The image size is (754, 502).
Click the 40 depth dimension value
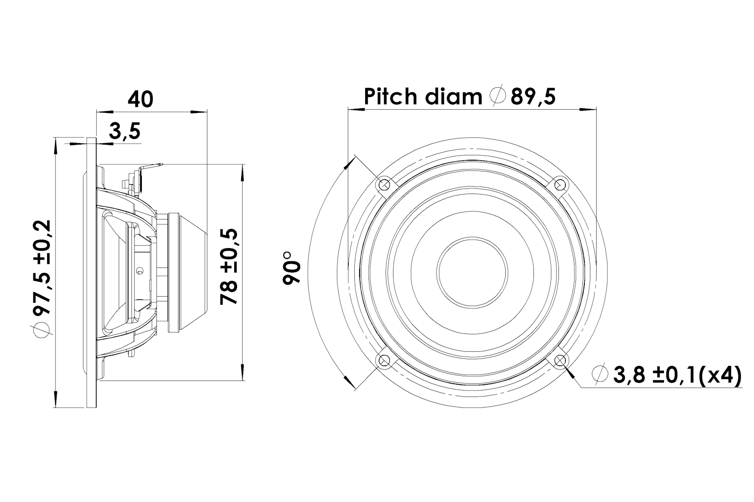[140, 99]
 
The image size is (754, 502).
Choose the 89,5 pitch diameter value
[533, 97]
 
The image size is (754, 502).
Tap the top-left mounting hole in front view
[384, 183]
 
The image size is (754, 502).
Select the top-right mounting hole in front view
[560, 183]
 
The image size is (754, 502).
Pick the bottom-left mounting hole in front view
[384, 361]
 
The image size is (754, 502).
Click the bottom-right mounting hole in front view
[560, 361]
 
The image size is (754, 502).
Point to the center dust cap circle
[472, 272]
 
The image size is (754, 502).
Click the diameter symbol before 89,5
[497, 97]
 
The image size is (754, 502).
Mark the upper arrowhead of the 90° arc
[350, 162]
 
